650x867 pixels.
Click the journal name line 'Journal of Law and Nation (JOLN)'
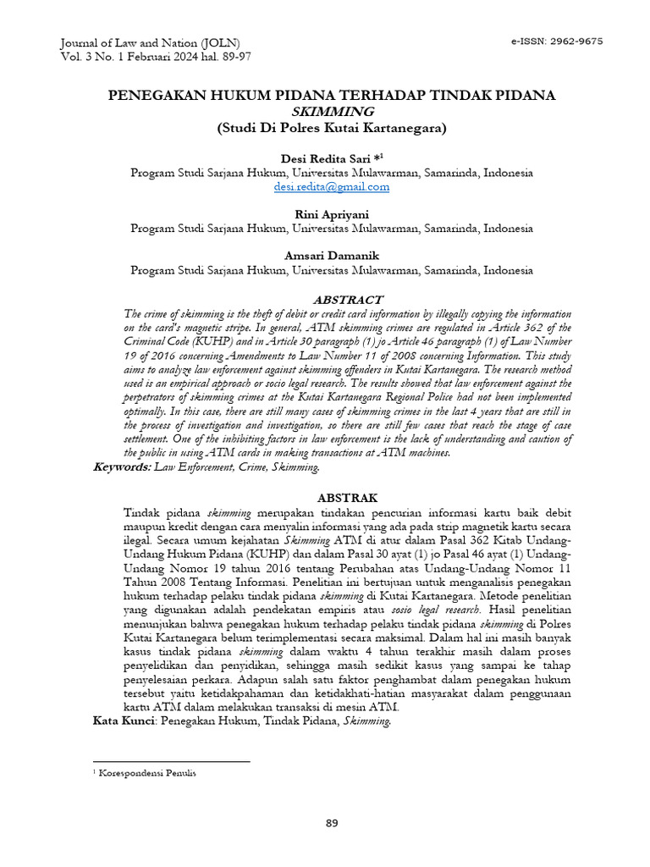pyautogui.click(x=151, y=42)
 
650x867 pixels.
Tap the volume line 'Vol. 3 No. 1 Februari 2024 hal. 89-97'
pyautogui.click(x=156, y=57)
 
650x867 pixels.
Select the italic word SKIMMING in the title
pyautogui.click(x=331, y=112)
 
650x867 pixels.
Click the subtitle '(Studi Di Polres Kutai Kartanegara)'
pyautogui.click(x=331, y=128)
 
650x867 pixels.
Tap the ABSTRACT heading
pyautogui.click(x=348, y=300)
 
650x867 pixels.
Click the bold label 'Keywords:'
pyautogui.click(x=121, y=467)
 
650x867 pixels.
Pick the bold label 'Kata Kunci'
pyautogui.click(x=122, y=721)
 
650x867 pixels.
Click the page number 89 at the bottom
pyautogui.click(x=332, y=824)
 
